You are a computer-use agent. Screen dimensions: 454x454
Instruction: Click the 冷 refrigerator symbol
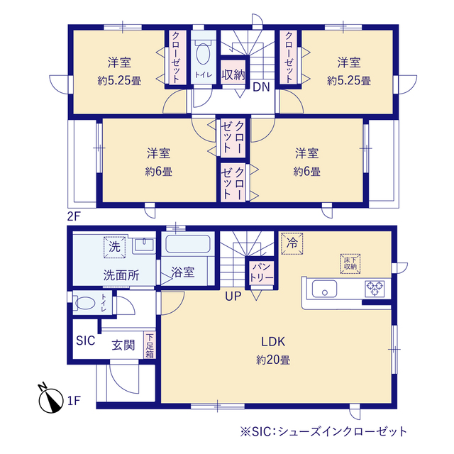tap(290, 243)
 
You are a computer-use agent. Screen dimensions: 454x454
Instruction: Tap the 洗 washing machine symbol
tap(113, 246)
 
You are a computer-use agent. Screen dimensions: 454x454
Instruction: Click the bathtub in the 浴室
tap(187, 246)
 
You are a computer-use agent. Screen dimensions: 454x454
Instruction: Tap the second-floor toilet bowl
tap(202, 55)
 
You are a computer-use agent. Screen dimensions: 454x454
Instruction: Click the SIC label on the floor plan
tap(85, 340)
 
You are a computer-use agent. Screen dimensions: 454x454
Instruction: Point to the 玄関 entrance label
tap(123, 345)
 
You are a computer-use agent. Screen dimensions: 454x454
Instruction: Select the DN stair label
tap(260, 88)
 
